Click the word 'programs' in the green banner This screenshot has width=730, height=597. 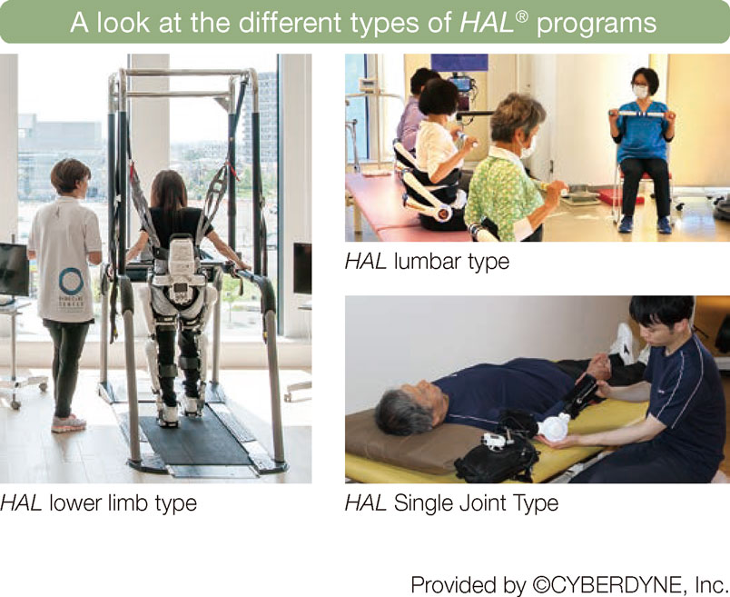597,23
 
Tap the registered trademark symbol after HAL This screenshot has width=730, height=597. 522,16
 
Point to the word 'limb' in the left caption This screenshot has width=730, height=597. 129,503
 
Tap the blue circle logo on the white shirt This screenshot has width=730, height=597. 71,281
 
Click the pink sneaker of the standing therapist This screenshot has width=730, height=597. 68,423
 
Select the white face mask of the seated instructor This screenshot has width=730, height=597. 641,91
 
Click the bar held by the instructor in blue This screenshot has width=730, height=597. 643,114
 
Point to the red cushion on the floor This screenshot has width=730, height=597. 621,197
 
